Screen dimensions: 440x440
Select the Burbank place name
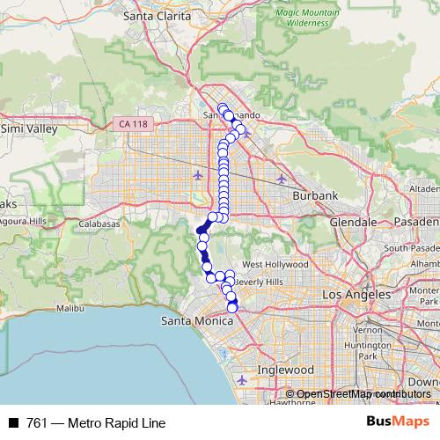316,195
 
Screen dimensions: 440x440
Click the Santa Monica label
195,321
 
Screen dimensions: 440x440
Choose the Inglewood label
285,370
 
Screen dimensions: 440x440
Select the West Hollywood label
275,264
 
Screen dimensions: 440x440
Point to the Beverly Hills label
260,281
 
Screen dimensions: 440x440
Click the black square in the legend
13,422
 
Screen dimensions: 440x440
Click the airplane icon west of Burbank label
281,180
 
